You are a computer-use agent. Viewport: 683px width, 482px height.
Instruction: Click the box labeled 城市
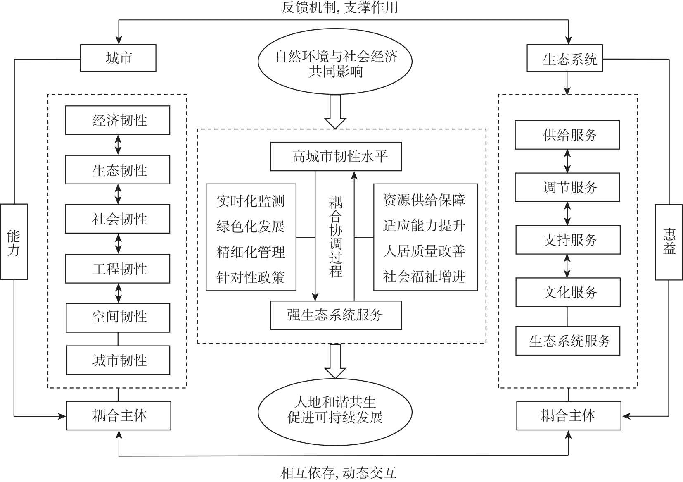point(118,58)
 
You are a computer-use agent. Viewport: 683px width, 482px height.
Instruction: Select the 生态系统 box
point(564,59)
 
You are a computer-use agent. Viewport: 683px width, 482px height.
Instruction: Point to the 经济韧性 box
point(118,120)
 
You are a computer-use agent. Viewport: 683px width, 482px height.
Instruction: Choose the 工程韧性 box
point(118,269)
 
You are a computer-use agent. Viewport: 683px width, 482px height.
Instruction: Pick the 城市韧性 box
point(118,360)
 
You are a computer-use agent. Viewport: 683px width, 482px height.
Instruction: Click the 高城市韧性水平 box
point(336,157)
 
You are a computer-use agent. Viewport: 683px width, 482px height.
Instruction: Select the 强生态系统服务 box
point(336,315)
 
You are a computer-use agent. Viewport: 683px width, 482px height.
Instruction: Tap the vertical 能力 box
point(14,242)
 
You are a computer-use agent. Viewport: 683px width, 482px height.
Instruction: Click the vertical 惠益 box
point(669,242)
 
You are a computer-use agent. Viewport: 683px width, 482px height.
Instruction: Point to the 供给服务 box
point(567,135)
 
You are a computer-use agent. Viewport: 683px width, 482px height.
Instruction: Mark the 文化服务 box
point(568,292)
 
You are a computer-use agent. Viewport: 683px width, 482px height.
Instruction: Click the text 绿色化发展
point(251,227)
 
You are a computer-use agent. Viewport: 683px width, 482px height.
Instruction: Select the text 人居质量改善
point(424,251)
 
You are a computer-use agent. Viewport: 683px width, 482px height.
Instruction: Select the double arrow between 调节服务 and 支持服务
point(567,213)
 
